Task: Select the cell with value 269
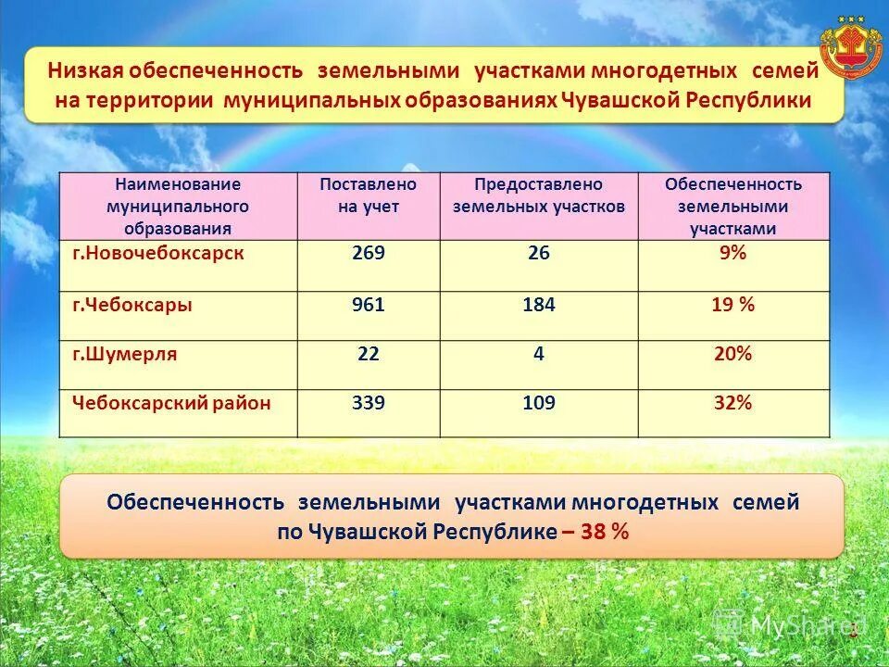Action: click(368, 254)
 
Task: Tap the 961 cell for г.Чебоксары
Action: click(368, 305)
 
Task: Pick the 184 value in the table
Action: click(538, 305)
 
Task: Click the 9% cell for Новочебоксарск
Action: click(732, 254)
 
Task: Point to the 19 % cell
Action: click(732, 305)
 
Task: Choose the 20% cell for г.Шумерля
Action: click(732, 354)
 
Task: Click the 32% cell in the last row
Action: click(732, 403)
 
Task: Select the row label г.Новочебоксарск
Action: click(158, 254)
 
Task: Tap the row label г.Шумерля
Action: click(125, 354)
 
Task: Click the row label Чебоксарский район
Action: click(172, 403)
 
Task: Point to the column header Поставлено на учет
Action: click(368, 195)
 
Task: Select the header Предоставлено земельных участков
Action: click(538, 195)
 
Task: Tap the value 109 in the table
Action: click(538, 403)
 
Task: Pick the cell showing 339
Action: click(368, 403)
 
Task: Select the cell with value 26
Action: click(538, 254)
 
